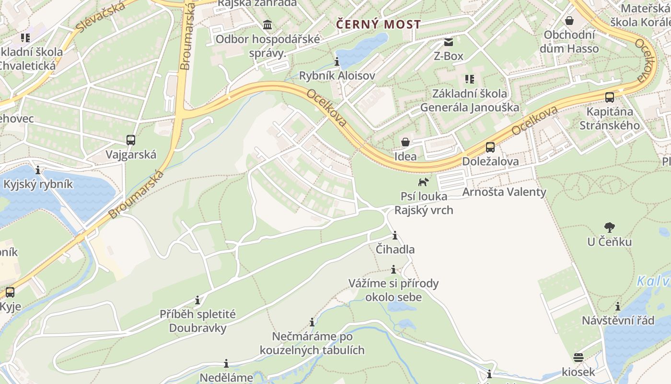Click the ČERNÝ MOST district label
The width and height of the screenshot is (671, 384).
(x=379, y=24)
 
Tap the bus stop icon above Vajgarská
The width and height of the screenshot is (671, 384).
(x=131, y=140)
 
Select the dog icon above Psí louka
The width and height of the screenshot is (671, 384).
(x=423, y=182)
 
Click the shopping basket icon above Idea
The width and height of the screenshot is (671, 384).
(x=405, y=142)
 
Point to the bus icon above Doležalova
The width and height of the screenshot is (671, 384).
(x=490, y=147)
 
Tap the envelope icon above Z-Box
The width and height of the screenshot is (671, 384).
(x=449, y=42)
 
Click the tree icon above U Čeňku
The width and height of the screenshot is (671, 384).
(x=610, y=227)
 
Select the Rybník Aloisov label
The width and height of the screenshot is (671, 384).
(x=337, y=75)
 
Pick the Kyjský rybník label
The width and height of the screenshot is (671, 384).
(x=38, y=184)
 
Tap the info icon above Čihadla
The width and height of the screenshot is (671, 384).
(x=395, y=236)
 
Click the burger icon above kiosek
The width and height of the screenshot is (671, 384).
(x=578, y=358)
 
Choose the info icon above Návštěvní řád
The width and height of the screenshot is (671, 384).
(x=618, y=306)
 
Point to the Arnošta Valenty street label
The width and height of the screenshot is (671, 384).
(x=504, y=192)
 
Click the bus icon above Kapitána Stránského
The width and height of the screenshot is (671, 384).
(x=610, y=97)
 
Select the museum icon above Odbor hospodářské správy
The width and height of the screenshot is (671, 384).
(x=267, y=24)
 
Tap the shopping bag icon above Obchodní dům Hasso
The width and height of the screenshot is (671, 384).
(x=569, y=21)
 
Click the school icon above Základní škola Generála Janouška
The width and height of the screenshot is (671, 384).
(x=469, y=79)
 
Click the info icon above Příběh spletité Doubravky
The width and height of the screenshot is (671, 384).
(x=197, y=300)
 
